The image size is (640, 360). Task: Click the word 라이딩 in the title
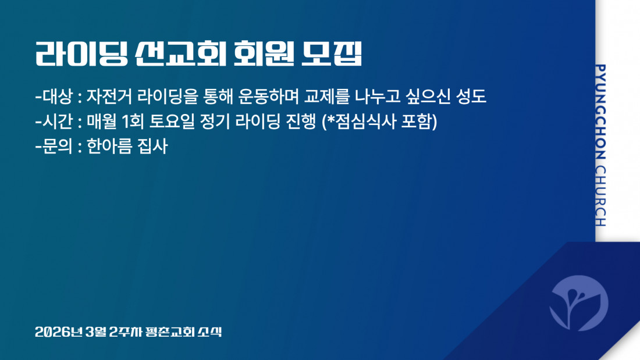click(81, 54)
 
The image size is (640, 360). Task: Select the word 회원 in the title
click(264, 54)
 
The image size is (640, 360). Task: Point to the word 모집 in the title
click(332, 54)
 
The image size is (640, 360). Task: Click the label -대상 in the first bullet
click(54, 97)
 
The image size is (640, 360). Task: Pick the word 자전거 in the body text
click(109, 97)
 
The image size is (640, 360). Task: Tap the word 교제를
click(327, 97)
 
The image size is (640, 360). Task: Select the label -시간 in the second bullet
click(54, 121)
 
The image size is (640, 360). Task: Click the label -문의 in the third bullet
click(54, 146)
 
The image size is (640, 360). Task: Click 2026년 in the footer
click(59, 332)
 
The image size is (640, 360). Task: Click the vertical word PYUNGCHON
click(600, 112)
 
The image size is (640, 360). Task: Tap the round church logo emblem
click(579, 303)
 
